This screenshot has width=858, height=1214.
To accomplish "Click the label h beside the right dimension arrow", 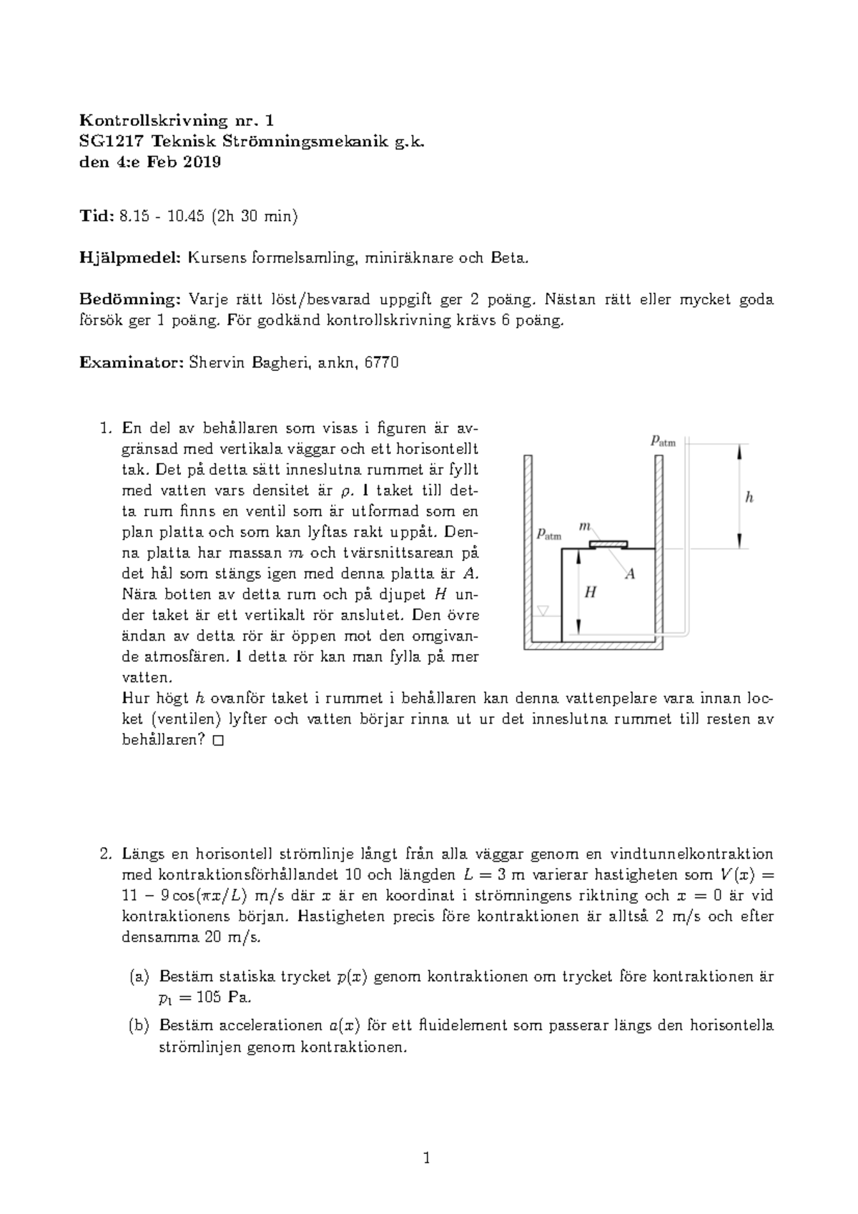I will (749, 498).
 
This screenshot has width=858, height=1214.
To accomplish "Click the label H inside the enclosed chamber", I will (590, 592).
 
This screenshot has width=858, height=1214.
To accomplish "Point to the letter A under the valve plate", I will (630, 573).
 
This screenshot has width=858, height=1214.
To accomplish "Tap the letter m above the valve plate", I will (584, 526).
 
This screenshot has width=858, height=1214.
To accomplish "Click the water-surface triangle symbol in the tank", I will (543, 611).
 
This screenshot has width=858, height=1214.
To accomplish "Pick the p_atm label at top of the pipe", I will (663, 441).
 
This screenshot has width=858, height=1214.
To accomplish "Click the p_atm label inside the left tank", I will (549, 534).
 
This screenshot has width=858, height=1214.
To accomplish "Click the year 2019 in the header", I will (202, 162).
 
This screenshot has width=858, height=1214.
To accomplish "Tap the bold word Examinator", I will (132, 362).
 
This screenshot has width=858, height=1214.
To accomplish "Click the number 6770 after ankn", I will (381, 362).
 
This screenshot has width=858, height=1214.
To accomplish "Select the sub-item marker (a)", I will (139, 977).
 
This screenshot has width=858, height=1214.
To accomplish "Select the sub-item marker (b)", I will (139, 1026).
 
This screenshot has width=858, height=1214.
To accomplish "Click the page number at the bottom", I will (427, 1159).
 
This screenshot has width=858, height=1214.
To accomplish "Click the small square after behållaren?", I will (218, 741).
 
